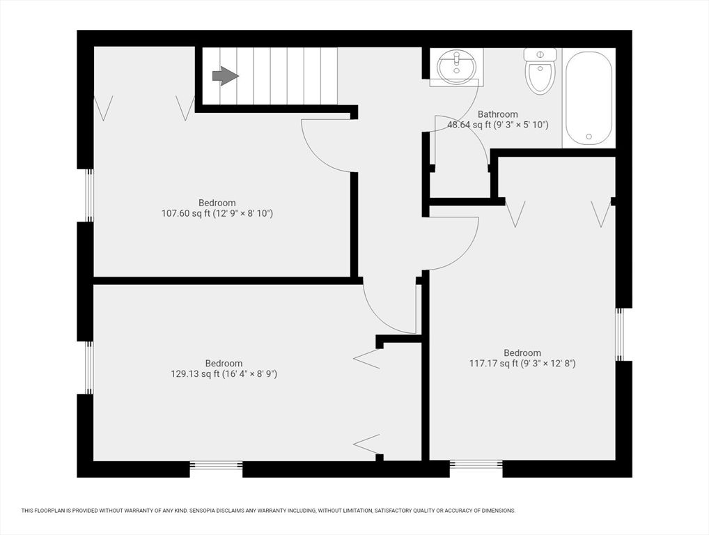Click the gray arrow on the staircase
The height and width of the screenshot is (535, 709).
coord(225,76)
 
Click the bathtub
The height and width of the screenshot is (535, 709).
coord(589,98)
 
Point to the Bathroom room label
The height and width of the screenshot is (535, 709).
coord(497,114)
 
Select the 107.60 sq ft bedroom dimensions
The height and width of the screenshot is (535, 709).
coord(217,214)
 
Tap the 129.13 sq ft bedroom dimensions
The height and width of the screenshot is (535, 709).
coord(224,374)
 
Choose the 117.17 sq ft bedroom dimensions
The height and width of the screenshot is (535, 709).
coord(522,363)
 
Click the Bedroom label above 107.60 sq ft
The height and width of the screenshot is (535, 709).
coord(217,203)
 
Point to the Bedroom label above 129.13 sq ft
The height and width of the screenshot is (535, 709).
coord(224,363)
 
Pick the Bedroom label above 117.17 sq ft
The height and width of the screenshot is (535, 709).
coord(522,352)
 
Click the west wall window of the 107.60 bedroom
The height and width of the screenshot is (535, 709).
coord(89,195)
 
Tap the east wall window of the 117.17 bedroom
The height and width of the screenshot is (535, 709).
coord(620,334)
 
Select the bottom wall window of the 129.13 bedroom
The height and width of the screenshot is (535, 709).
coord(216,465)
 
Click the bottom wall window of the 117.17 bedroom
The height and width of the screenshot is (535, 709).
coord(476,465)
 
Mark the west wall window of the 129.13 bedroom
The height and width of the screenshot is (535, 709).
coord(89,368)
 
